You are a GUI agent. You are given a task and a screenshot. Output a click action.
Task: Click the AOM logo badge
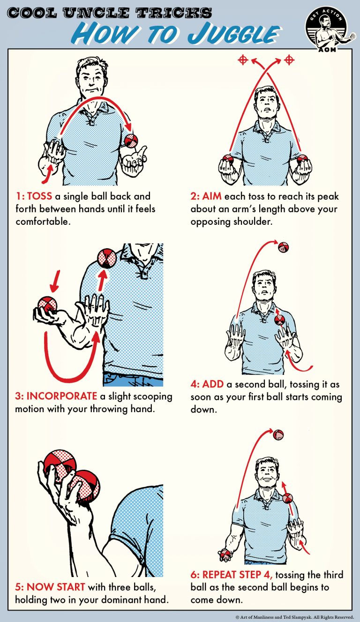coord(330,29)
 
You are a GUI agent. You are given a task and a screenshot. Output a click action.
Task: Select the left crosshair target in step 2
coord(242,59)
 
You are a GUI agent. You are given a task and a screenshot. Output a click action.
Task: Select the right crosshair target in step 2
coord(289,59)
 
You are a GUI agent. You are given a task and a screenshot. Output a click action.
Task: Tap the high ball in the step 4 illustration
coord(283,247)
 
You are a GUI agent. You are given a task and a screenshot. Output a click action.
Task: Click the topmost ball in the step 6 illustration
coord(278,434)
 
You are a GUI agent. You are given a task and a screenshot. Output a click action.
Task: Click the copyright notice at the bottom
coord(294,617)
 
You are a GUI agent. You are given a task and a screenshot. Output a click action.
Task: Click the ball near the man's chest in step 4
coord(280,320)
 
